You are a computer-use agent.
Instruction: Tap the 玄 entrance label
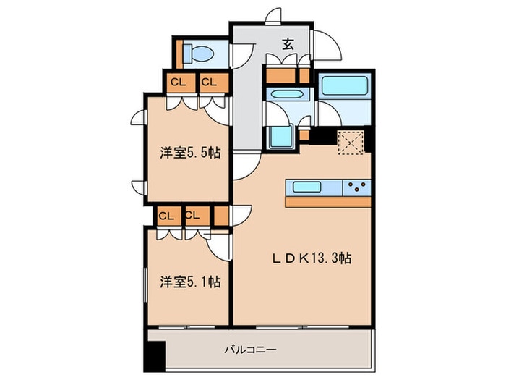click(287, 44)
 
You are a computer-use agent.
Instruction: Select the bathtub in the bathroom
click(343, 87)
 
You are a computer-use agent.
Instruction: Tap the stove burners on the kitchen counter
click(357, 187)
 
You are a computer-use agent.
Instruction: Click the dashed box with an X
click(351, 142)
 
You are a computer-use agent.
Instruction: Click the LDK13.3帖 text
click(312, 257)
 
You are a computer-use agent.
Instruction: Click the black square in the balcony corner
click(154, 354)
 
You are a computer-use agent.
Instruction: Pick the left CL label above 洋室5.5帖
click(179, 82)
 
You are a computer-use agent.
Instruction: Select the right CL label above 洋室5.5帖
click(209, 82)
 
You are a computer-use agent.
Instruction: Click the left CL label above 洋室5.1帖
click(166, 215)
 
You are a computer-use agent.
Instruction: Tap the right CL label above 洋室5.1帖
click(192, 215)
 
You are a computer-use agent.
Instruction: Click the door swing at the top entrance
click(273, 17)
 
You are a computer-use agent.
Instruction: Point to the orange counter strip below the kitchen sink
click(329, 202)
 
